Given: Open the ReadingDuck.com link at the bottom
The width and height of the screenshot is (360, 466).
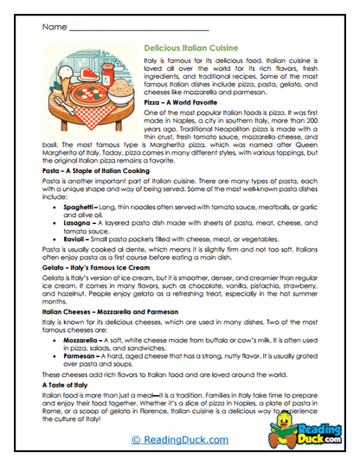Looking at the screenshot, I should tap(179, 439).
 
